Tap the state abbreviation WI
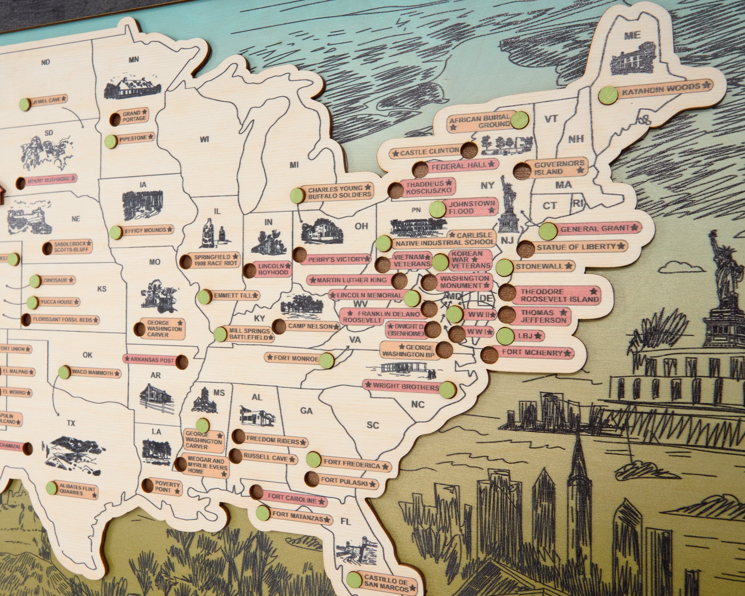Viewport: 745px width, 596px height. pyautogui.click(x=205, y=139)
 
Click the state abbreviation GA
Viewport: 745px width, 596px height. pyautogui.click(x=306, y=411)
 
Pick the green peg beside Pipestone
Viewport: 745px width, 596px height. pyautogui.click(x=110, y=141)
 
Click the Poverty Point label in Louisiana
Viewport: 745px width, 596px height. pyautogui.click(x=167, y=487)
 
